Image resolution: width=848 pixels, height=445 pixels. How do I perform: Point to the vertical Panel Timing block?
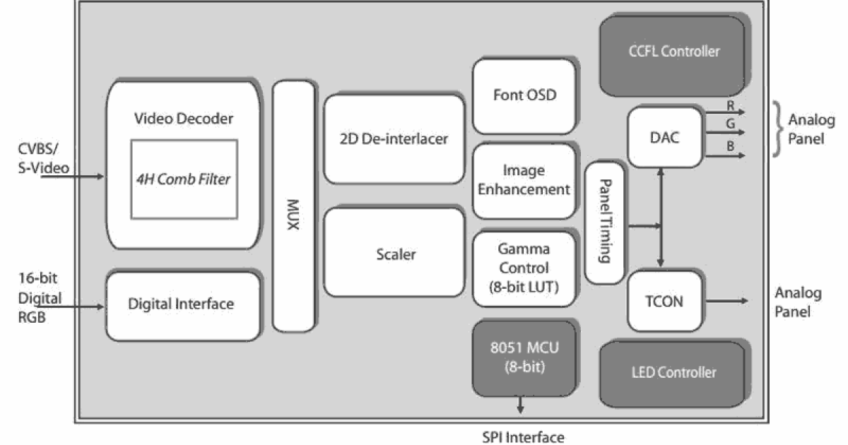point(604,222)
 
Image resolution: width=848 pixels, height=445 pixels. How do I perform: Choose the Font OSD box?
point(524,95)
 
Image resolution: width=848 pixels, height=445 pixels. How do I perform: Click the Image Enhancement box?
point(523,180)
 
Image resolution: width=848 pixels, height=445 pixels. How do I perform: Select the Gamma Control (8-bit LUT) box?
point(523,268)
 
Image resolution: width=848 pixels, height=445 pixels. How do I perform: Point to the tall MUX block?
point(293,205)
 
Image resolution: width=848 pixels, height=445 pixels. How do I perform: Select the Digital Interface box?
point(181,304)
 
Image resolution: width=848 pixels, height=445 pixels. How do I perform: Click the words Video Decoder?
point(183,118)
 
